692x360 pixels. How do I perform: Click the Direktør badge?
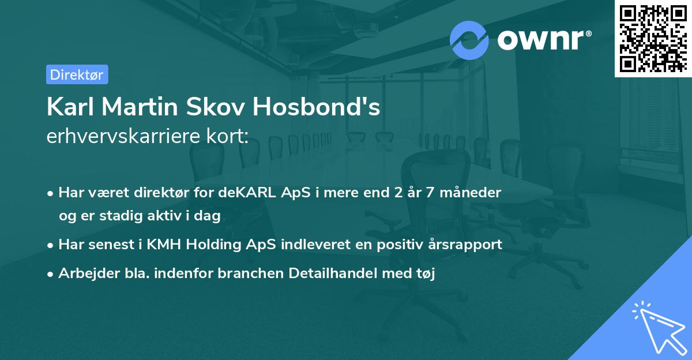77,74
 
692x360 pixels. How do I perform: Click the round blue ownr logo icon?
469,39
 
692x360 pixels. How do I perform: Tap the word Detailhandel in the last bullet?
338,273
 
